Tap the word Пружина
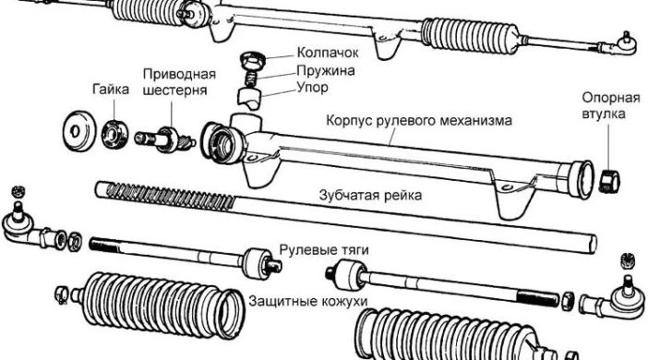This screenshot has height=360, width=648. point(302,70)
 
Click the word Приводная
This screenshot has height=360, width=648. point(179,74)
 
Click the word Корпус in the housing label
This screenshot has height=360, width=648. point(352,120)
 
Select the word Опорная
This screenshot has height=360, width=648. point(606,98)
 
